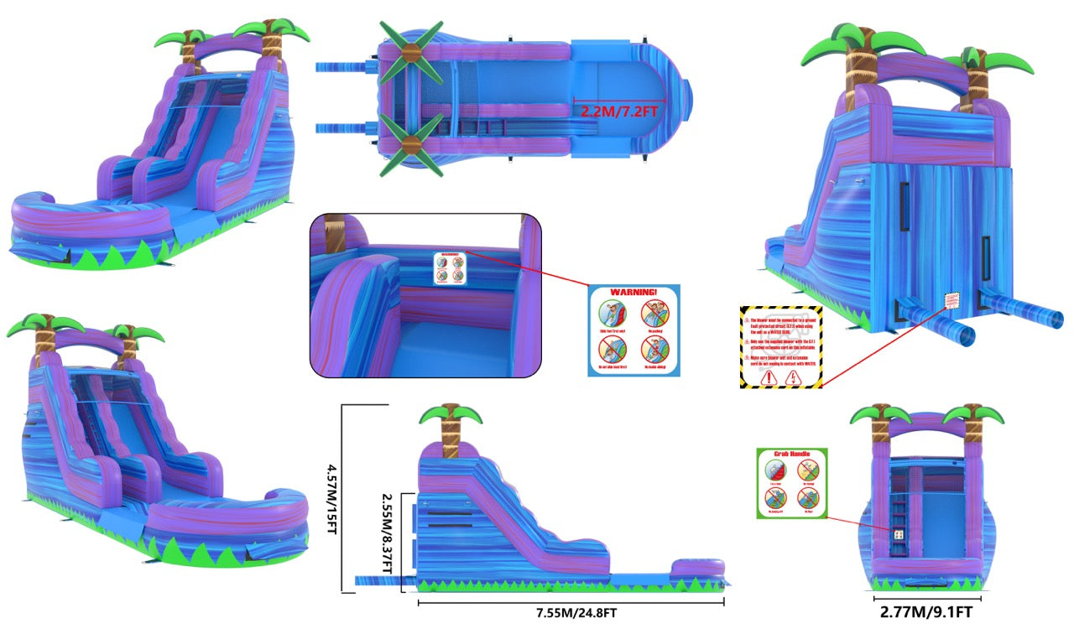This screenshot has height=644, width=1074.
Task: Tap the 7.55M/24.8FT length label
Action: tap(577, 613)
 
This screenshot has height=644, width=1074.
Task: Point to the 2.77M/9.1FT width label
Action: tap(926, 612)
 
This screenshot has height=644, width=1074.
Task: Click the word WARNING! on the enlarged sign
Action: tap(633, 293)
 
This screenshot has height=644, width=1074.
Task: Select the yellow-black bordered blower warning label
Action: tap(780, 347)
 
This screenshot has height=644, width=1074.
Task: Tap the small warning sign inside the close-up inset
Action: tap(450, 267)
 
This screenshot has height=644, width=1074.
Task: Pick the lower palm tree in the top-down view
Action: tap(410, 145)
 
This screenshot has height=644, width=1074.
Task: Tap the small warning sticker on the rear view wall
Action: tap(951, 300)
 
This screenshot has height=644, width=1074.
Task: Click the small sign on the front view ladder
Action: tap(899, 533)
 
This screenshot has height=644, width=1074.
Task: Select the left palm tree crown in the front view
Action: tap(880, 413)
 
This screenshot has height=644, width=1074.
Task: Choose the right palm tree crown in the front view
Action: tap(973, 413)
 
